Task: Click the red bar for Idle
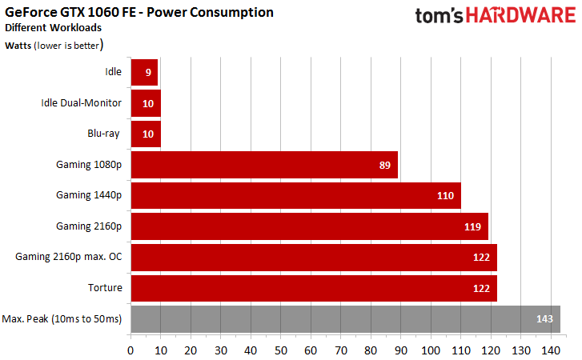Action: click(x=143, y=72)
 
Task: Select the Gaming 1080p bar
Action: click(x=263, y=165)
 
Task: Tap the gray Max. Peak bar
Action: click(x=344, y=319)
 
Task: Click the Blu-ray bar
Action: click(x=145, y=134)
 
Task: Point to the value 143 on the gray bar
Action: click(x=545, y=319)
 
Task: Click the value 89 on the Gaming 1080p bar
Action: click(x=384, y=165)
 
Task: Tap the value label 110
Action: click(x=446, y=195)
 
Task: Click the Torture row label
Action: click(x=104, y=287)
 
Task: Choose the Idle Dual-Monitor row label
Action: click(x=81, y=102)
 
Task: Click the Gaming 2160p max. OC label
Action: click(x=68, y=257)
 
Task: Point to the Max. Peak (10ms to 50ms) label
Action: click(x=62, y=318)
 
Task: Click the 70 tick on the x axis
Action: click(x=340, y=350)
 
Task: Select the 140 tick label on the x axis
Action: click(x=551, y=350)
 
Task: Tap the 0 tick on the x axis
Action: click(x=130, y=350)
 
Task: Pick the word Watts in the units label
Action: click(x=17, y=46)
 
